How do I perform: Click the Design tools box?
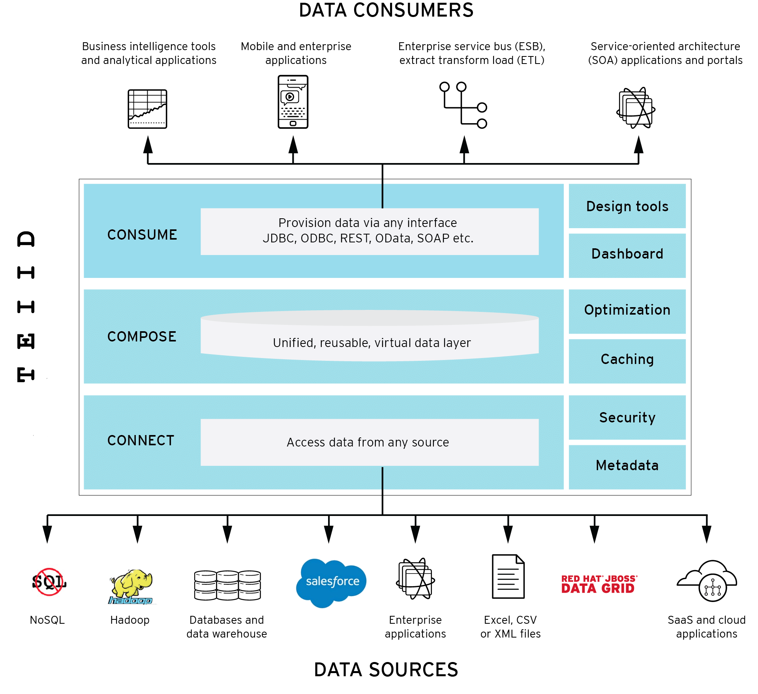coord(627,206)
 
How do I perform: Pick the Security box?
coord(627,417)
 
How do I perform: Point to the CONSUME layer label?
coord(142,235)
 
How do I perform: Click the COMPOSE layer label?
coord(142,337)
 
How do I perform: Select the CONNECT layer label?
coord(141,441)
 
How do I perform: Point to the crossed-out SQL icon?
coord(49,582)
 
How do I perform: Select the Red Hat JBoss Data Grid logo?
coord(599,584)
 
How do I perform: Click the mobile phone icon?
coord(293,102)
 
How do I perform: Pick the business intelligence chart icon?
coord(147,109)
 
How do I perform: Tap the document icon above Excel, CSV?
coord(508,577)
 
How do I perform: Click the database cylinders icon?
coord(227,585)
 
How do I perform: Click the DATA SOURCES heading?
coord(386,670)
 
